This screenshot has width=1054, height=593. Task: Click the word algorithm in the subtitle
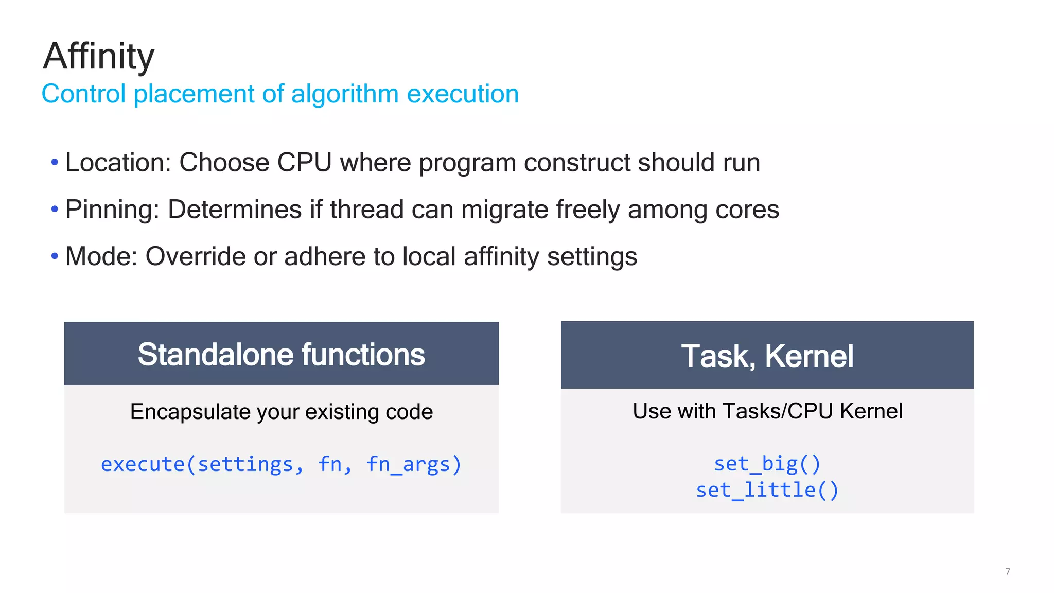tap(344, 94)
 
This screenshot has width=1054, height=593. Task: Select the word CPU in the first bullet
tap(304, 163)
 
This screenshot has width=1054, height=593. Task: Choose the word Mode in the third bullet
tap(101, 256)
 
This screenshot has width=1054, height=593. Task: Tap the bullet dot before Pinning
tap(55, 210)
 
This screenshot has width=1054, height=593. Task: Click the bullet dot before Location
tap(55, 163)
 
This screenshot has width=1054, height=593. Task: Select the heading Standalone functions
tap(281, 355)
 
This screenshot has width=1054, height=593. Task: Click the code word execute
tap(143, 464)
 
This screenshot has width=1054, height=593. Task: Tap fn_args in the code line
tap(413, 464)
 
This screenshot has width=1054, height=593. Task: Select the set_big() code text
tap(767, 464)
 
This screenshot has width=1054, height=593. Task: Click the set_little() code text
tap(767, 490)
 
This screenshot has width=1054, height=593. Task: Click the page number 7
tap(1008, 571)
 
